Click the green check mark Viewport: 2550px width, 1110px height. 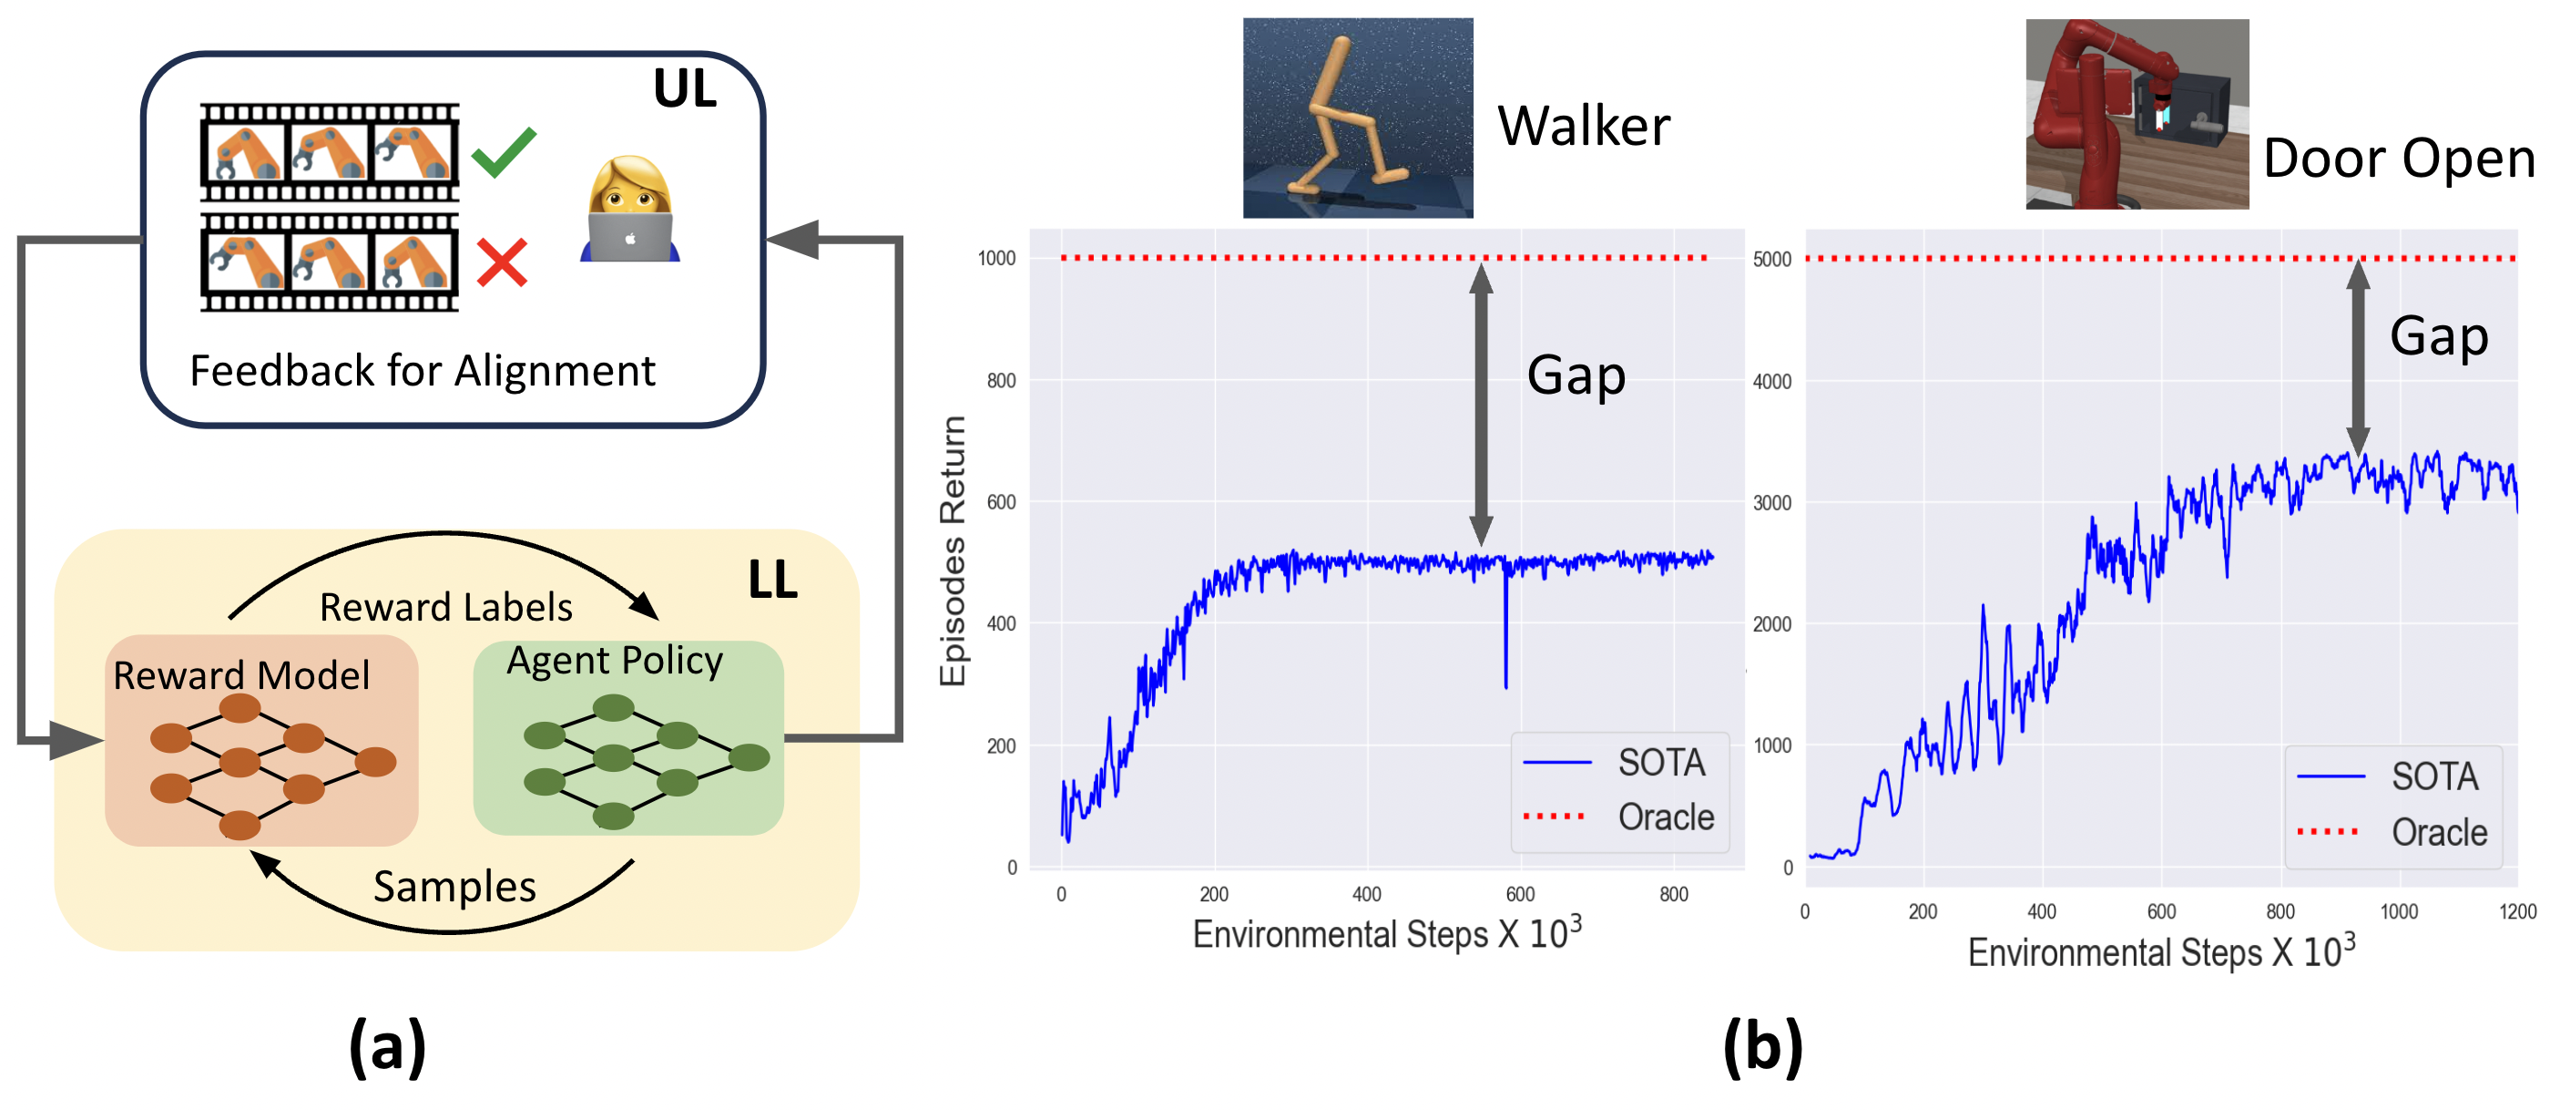(503, 152)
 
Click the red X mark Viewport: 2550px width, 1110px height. (502, 262)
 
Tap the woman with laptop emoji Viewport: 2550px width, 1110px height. (630, 210)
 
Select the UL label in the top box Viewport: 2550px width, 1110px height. (684, 89)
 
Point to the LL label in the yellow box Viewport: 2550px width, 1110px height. (772, 580)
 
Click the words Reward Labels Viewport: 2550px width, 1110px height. (445, 607)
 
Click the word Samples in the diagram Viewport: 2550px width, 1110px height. (454, 886)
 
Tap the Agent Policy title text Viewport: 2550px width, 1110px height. (615, 661)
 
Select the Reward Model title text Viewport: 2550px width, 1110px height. (241, 675)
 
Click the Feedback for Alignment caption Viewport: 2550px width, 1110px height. (422, 371)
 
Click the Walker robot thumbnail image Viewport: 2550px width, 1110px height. (1357, 118)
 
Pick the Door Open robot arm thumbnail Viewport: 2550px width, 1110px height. (2137, 114)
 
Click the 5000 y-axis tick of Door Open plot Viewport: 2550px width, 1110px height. (1772, 260)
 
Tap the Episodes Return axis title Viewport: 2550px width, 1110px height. (953, 550)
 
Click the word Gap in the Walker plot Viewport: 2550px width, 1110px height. (1576, 375)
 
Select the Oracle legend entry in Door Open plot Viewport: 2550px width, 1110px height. (2438, 833)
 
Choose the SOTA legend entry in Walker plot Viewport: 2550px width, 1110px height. (1661, 763)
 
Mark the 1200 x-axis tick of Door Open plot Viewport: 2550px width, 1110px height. (2516, 912)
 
